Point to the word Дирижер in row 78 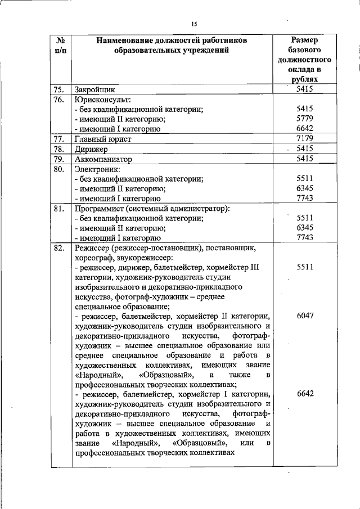coord(91,148)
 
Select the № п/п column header coord(59,45)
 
